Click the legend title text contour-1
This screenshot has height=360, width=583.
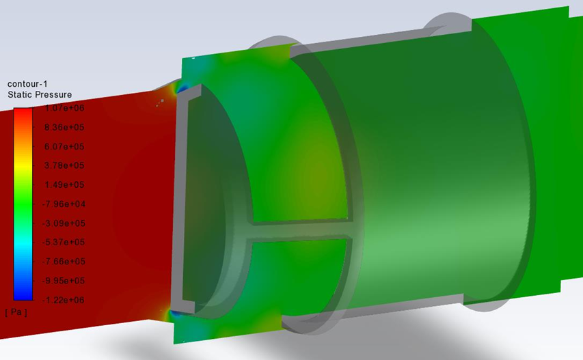tap(27, 84)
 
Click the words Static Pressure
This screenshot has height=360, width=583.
tap(40, 95)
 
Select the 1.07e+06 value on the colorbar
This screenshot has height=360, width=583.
tap(64, 108)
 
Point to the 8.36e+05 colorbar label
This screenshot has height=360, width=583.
tap(64, 128)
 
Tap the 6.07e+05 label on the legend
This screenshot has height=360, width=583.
tap(64, 147)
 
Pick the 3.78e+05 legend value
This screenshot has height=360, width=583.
tap(64, 166)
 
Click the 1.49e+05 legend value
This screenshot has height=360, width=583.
tap(64, 185)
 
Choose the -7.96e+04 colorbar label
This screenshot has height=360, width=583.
tap(63, 204)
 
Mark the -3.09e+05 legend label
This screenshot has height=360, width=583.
tap(63, 223)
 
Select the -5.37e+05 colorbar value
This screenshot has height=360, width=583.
tap(63, 243)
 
